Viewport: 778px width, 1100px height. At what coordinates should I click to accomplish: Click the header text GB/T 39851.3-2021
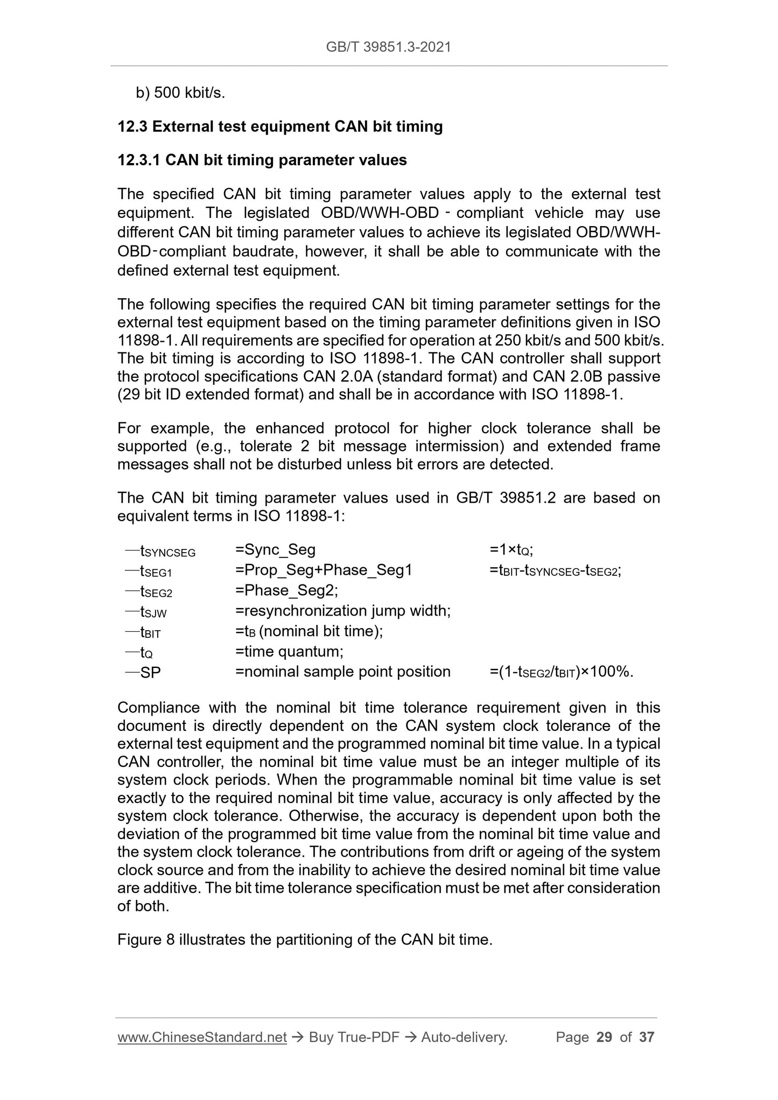[388, 47]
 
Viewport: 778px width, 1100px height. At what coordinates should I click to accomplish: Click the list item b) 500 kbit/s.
[180, 93]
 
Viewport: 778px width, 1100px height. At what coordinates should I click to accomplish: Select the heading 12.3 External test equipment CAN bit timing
[280, 127]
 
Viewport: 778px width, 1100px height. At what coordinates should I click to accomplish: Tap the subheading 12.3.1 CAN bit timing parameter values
[262, 160]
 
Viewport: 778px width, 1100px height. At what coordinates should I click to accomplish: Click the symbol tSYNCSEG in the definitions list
[167, 551]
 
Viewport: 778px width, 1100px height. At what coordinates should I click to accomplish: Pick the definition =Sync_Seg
[276, 549]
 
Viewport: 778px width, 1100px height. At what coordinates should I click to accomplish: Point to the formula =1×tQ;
[511, 549]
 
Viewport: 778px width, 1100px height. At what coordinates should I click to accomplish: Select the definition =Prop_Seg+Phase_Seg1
[324, 570]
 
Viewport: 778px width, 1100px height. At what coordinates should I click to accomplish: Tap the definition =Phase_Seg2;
[287, 590]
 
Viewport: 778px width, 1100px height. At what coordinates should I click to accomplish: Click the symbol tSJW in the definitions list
[153, 612]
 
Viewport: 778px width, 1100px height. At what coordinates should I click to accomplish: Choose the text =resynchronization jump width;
[343, 611]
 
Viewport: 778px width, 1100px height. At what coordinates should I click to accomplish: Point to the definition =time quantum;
[289, 652]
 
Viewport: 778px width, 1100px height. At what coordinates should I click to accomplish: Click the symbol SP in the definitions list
[150, 672]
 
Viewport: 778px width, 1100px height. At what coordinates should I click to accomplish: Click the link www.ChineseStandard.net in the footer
[202, 1037]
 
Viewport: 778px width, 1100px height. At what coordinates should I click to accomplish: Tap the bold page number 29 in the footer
[605, 1037]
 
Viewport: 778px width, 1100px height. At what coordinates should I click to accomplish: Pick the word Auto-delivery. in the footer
[464, 1037]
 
